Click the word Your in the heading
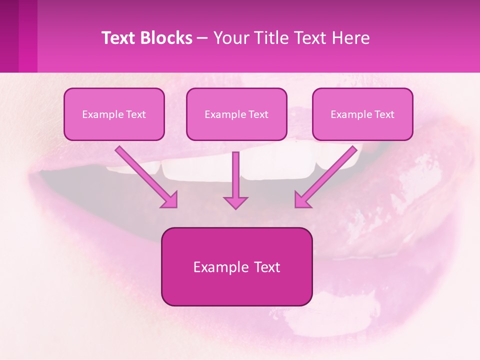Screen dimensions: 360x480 (x=230, y=38)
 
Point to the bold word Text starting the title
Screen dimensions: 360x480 (x=120, y=38)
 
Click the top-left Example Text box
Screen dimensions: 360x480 (x=114, y=114)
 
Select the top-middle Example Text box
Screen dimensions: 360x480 (x=236, y=114)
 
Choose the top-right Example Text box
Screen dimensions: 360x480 (x=362, y=114)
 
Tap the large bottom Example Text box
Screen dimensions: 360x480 (x=236, y=266)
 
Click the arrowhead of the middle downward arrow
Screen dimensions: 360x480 (x=235, y=202)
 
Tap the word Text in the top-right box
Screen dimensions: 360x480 (x=384, y=114)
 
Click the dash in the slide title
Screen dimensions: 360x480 (x=202, y=38)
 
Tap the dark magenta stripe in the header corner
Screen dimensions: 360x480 (x=9, y=36)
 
